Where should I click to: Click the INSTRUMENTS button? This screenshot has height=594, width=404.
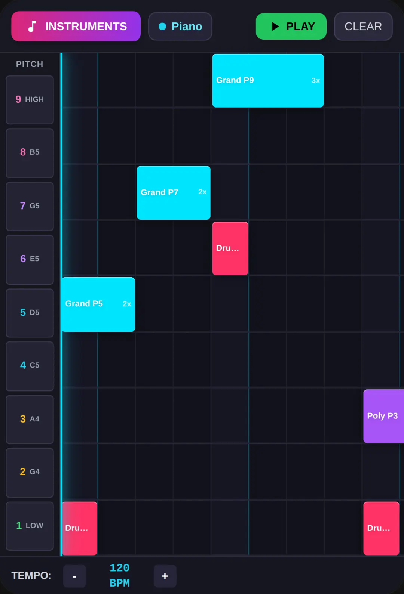(x=76, y=26)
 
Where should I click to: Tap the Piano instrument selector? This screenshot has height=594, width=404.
(x=180, y=26)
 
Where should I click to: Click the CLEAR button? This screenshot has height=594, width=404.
(x=363, y=26)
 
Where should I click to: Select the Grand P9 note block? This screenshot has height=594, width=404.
(x=268, y=81)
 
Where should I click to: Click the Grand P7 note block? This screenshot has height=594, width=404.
(x=174, y=193)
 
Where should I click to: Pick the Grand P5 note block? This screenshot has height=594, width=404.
(x=98, y=304)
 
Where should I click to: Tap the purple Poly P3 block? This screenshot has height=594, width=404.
(x=383, y=416)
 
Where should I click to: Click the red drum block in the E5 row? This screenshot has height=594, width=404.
(x=230, y=248)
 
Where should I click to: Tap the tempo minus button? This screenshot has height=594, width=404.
(x=74, y=576)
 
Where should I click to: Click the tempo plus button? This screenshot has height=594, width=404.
(x=165, y=576)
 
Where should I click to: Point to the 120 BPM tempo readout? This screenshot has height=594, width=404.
(x=120, y=575)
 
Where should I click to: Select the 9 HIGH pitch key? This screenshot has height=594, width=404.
(x=30, y=100)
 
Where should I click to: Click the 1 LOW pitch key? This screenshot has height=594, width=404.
(x=30, y=526)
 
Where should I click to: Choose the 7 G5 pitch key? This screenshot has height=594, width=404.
(x=30, y=206)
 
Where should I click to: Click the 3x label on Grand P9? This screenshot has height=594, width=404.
(x=316, y=81)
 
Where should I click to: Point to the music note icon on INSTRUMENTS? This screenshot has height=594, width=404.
(x=32, y=27)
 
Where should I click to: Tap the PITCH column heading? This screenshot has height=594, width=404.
(x=30, y=64)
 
